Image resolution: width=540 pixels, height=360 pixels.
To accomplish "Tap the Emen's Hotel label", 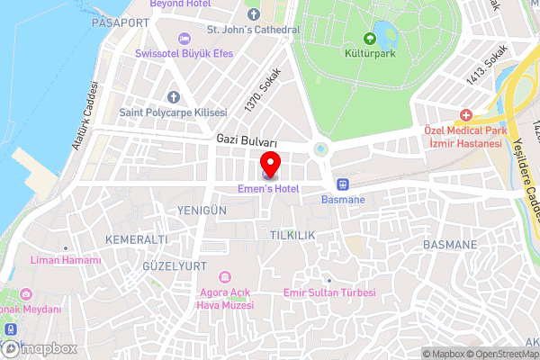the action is coord(267,189).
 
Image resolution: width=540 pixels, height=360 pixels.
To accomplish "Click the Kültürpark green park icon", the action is coord(369,38).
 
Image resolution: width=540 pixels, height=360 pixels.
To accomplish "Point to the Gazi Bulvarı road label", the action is coord(247,142).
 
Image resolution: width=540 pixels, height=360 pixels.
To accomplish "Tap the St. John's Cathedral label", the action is coord(253,30).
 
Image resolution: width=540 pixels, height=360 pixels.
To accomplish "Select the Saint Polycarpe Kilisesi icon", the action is coord(173,96).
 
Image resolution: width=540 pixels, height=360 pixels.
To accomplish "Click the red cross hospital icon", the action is coord(465,115).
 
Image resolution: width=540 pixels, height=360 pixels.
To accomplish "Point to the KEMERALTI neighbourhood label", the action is coord(137,239).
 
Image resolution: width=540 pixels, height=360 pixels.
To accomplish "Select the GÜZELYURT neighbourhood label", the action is coord(175,266).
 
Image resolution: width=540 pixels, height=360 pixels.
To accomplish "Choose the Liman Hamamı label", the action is coord(65,260).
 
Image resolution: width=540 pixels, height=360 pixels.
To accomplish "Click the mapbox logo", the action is coord(37,347).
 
